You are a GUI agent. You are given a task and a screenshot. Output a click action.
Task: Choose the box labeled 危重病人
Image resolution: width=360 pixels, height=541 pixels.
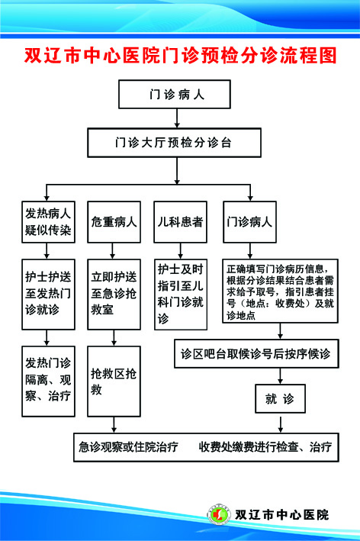pos(114,222)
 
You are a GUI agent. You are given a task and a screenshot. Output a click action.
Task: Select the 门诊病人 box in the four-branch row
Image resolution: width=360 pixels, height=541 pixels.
pos(251,222)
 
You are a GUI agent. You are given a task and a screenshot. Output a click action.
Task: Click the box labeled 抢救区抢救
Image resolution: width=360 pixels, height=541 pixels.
pos(114,379)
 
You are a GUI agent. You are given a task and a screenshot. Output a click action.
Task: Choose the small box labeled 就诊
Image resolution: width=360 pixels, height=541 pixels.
pos(279,398)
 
